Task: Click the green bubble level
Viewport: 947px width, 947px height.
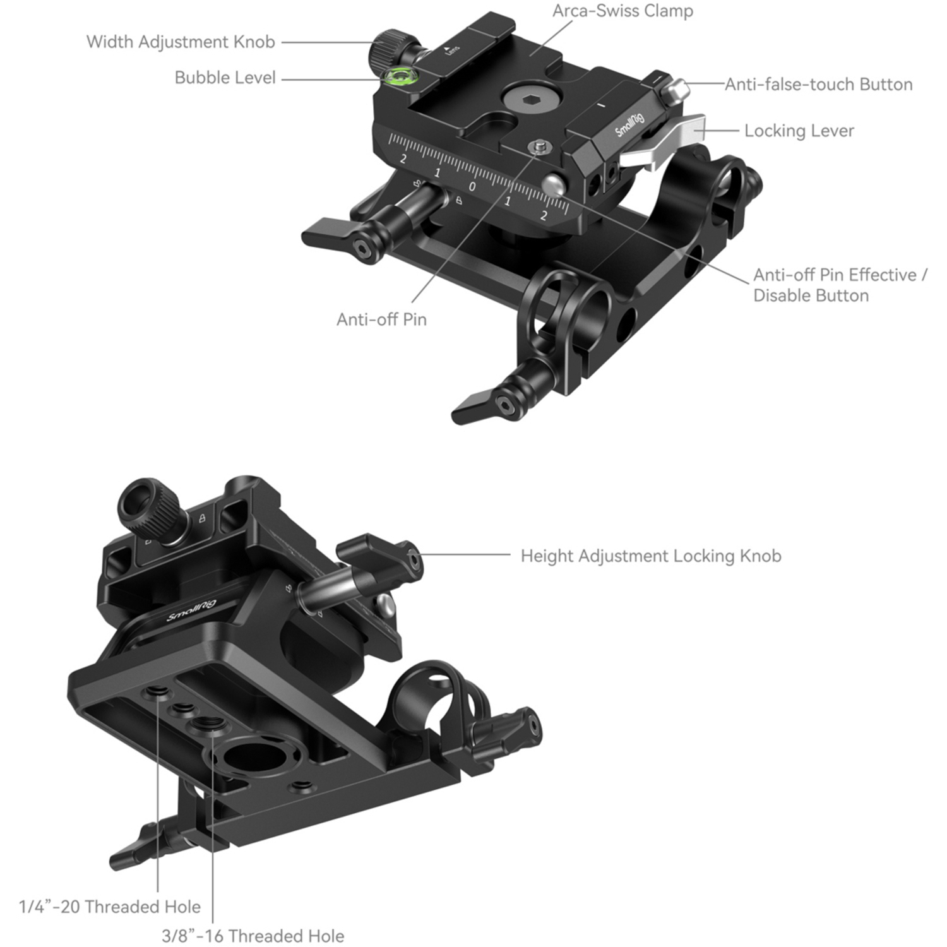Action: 399,77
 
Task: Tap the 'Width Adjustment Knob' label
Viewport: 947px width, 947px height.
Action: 181,42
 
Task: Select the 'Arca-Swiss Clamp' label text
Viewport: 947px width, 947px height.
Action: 622,11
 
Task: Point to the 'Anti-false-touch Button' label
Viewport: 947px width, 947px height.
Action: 818,84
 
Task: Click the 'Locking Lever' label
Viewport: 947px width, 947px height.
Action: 799,131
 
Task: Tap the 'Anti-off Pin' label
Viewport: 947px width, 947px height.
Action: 381,319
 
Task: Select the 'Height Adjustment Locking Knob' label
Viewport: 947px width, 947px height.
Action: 651,556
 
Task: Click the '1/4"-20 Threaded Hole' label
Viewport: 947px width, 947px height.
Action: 110,907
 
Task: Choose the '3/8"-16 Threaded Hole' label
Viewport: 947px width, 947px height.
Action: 253,936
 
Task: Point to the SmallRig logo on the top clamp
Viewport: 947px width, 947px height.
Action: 629,124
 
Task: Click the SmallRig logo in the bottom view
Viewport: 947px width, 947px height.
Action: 191,610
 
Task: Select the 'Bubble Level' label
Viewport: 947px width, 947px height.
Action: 225,78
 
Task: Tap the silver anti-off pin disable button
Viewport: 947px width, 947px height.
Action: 554,185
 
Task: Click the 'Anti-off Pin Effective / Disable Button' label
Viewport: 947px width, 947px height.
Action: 840,285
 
